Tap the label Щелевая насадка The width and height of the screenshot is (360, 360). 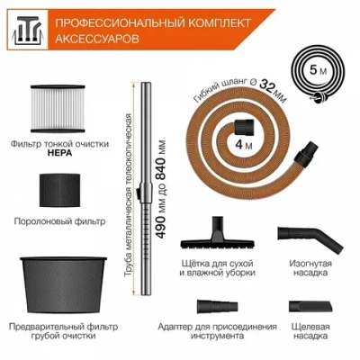point(309,332)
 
